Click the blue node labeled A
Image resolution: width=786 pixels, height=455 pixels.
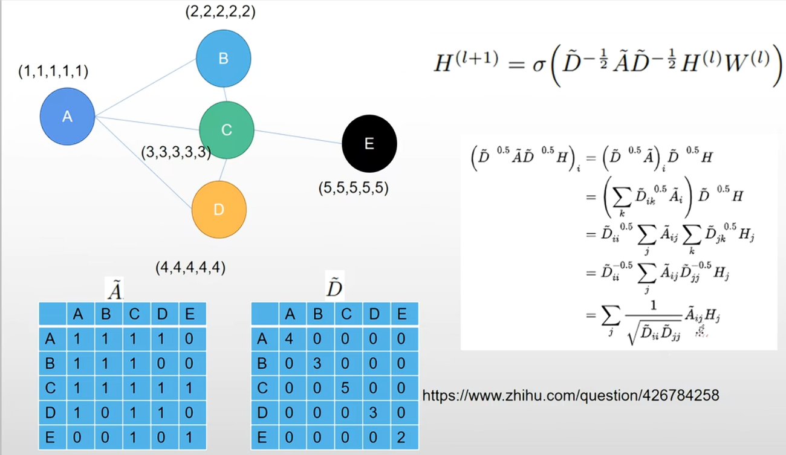pyautogui.click(x=67, y=117)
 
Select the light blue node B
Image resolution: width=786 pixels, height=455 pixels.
pyautogui.click(x=223, y=59)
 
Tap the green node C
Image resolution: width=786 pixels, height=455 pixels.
pyautogui.click(x=226, y=130)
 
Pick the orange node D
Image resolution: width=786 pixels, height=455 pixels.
pyautogui.click(x=219, y=210)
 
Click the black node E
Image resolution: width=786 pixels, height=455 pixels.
pyautogui.click(x=369, y=143)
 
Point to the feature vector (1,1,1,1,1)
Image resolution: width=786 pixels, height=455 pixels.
pyautogui.click(x=53, y=72)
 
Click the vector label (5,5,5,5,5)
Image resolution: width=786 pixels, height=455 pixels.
pyautogui.click(x=353, y=188)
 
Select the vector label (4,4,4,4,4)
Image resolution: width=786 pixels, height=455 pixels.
pyautogui.click(x=190, y=267)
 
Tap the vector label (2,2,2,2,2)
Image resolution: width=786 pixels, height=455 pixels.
pyautogui.click(x=220, y=11)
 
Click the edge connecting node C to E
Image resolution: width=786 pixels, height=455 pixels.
pyautogui.click(x=297, y=137)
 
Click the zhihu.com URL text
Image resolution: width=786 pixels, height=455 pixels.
pyautogui.click(x=570, y=396)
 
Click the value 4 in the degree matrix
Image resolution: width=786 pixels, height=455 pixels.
pyautogui.click(x=289, y=339)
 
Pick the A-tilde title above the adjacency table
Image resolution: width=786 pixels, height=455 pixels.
pyautogui.click(x=115, y=291)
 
